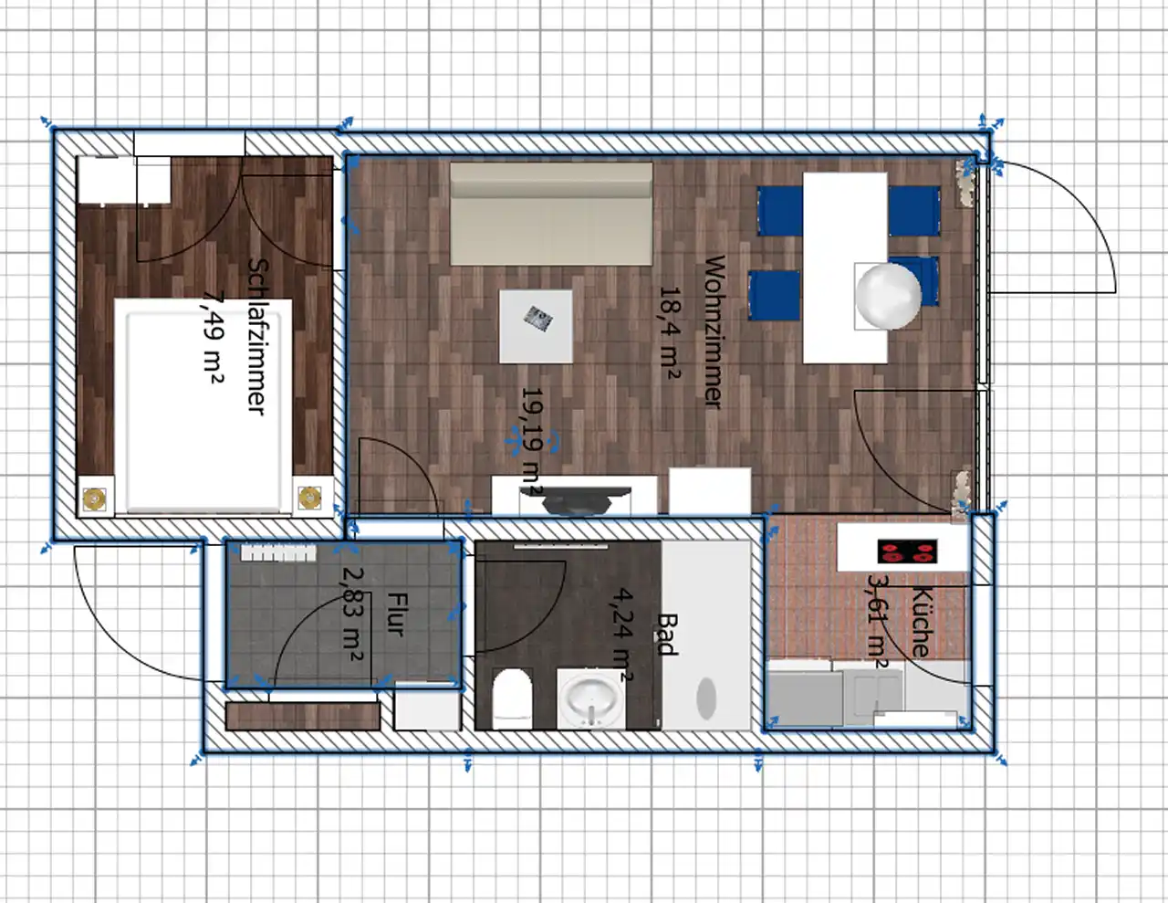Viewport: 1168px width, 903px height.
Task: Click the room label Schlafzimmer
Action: click(x=257, y=337)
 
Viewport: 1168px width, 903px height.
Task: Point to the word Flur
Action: click(x=396, y=614)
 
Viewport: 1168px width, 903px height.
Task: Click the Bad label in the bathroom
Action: click(x=665, y=635)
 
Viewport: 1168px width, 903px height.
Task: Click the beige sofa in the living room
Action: click(x=551, y=214)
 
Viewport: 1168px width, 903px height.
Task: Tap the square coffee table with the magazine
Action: click(x=536, y=327)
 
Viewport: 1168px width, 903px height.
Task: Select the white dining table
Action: click(x=845, y=268)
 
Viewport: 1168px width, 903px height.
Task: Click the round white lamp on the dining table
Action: click(x=889, y=296)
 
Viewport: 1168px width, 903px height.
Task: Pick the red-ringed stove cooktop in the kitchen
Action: click(x=907, y=551)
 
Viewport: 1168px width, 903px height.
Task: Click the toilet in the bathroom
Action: click(x=512, y=698)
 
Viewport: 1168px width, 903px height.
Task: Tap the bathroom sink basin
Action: click(x=591, y=699)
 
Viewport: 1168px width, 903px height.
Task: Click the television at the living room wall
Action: click(x=576, y=500)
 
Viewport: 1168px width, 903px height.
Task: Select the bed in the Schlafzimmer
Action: click(x=203, y=406)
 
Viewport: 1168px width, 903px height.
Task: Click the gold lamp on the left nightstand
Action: click(x=95, y=499)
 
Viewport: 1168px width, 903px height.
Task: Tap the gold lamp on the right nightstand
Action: click(x=309, y=498)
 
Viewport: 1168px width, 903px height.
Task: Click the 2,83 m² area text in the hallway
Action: click(x=353, y=614)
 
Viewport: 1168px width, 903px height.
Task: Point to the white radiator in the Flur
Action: click(x=278, y=553)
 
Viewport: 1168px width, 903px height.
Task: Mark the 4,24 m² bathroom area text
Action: click(x=621, y=635)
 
